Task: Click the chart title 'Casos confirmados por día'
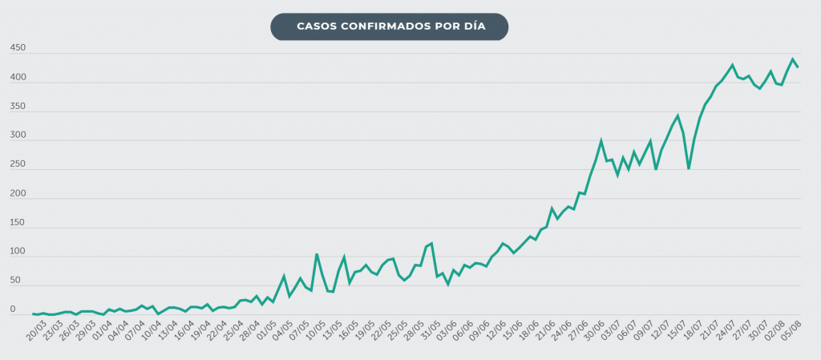[x=390, y=26]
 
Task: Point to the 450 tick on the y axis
[x=18, y=49]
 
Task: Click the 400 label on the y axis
[x=18, y=78]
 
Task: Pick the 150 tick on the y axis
[x=18, y=223]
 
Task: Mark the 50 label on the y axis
[x=14, y=281]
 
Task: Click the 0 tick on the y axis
[x=12, y=309]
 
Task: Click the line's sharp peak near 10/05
[x=317, y=254]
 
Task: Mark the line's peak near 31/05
[x=431, y=243]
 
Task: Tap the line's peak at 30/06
[x=601, y=142]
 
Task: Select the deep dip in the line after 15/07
[x=688, y=168]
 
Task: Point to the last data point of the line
[x=798, y=67]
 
